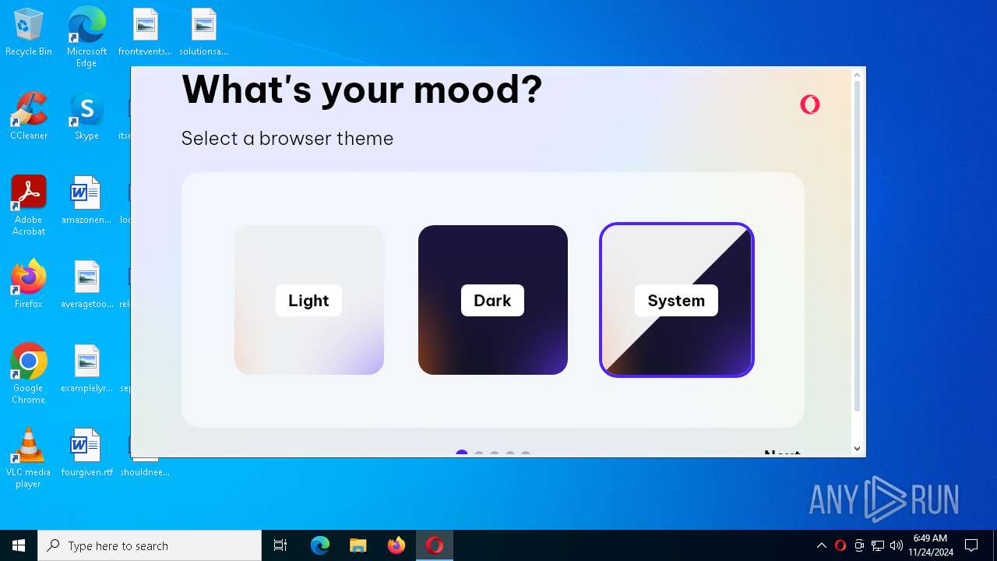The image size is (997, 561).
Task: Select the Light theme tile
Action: pyautogui.click(x=308, y=300)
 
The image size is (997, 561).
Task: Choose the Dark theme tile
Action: pyautogui.click(x=492, y=300)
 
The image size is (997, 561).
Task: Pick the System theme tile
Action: pyautogui.click(x=676, y=300)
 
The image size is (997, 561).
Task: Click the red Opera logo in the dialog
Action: pyautogui.click(x=810, y=104)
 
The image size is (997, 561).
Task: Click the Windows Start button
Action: pyautogui.click(x=19, y=545)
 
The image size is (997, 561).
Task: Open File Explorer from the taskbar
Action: pyautogui.click(x=358, y=545)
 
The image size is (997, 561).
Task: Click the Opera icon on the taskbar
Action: pyautogui.click(x=435, y=545)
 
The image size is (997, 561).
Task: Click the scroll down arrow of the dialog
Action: pyautogui.click(x=857, y=448)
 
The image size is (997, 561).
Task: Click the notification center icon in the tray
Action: pyautogui.click(x=971, y=545)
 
